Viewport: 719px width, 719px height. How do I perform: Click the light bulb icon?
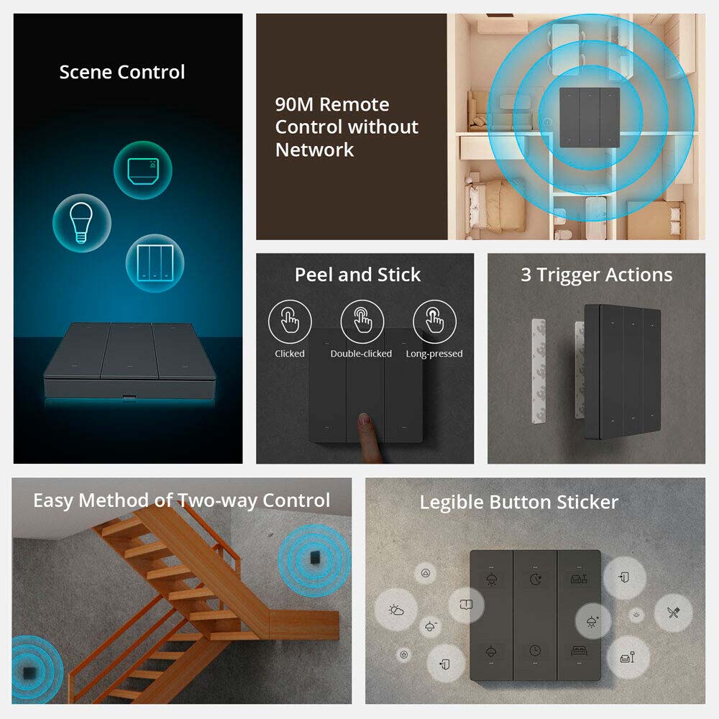81,223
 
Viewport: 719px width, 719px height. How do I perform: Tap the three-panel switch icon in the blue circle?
155,262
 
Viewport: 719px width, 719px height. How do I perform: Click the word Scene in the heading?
86,72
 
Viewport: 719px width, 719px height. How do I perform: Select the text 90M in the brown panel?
294,104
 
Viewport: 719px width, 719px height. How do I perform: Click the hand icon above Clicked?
290,321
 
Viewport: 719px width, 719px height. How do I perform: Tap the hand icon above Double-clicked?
362,321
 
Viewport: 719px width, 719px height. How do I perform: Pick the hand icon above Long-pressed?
434,321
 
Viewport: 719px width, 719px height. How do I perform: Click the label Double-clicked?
361,354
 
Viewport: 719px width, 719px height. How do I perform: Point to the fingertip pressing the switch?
365,419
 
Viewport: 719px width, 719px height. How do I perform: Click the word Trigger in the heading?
569,275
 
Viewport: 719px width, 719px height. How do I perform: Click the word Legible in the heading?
452,503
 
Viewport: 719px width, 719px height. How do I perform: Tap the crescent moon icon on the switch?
535,580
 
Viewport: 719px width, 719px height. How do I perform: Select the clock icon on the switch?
535,650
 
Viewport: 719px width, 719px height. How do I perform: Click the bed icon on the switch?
579,650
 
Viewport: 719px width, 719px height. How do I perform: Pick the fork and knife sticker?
673,612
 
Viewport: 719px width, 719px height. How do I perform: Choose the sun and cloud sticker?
396,610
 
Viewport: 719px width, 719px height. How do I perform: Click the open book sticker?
466,605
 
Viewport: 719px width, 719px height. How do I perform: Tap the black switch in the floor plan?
590,118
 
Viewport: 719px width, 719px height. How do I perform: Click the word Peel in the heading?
313,275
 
